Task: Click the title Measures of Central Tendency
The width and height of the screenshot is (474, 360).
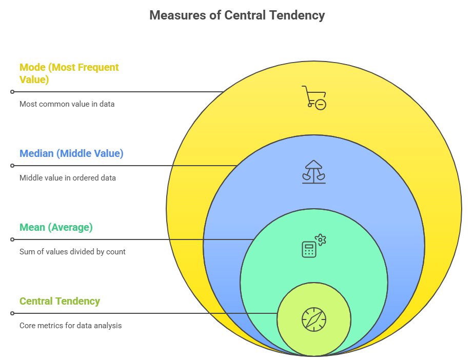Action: (x=237, y=15)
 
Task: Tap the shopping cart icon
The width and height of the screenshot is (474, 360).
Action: (x=314, y=97)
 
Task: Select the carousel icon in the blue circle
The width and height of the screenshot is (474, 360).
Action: (x=313, y=171)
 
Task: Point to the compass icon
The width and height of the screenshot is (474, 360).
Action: (x=314, y=319)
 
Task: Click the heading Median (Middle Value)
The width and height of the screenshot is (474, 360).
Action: (x=71, y=153)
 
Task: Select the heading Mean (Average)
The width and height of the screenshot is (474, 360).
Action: (x=56, y=227)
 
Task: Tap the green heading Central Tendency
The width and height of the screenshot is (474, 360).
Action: (x=60, y=301)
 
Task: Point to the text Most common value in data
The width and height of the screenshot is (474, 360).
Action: (x=67, y=104)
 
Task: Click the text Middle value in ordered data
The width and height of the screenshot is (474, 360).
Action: (x=68, y=178)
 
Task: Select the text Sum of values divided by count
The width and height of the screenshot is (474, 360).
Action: (x=72, y=252)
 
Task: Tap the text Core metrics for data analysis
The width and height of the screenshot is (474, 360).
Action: (x=70, y=326)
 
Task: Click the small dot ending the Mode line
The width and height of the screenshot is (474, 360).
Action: (x=12, y=92)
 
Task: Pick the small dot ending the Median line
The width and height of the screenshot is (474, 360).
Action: (x=12, y=166)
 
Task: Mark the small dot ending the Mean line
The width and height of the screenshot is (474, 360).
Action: (x=12, y=239)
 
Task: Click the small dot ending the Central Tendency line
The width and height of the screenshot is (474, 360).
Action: (x=12, y=313)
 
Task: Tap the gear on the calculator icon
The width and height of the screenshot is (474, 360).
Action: (x=321, y=239)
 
